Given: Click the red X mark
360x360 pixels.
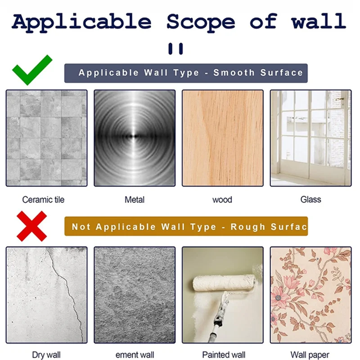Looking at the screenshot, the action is (31, 226).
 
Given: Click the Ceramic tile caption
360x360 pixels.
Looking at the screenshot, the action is (43, 199).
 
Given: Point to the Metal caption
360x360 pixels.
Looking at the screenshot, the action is (135, 199).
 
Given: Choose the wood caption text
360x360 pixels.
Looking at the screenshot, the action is (222, 200).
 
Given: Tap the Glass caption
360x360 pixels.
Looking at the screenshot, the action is (310, 199).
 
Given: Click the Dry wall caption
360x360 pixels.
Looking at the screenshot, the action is (46, 355).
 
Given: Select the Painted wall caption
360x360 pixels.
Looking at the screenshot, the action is (224, 355).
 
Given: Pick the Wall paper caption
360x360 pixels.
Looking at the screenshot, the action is (310, 355).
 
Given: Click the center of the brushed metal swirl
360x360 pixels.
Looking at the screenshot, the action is (135, 136).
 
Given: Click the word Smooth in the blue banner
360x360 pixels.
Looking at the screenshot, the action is (234, 72).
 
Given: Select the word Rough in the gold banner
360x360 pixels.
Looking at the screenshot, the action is (248, 227).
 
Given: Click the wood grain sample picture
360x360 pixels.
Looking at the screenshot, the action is (223, 138).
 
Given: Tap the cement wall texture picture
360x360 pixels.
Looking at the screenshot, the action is (135, 295).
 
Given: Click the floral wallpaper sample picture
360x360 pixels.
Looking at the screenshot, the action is (310, 295).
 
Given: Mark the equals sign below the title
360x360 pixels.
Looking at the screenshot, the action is (175, 49).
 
